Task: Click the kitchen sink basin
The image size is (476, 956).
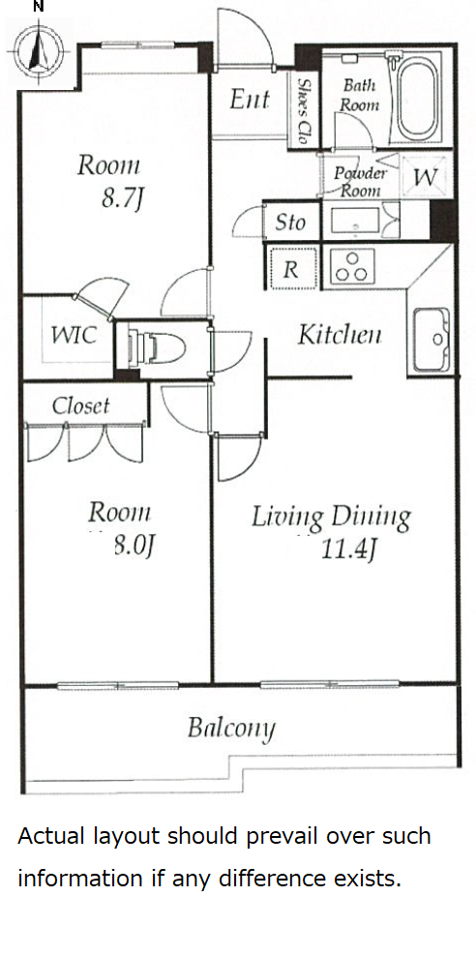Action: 431,340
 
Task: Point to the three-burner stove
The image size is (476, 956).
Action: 351,267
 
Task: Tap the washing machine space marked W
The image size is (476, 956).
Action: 425,178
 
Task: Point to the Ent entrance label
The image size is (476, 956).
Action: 249,100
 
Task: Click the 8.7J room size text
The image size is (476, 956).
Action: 121,198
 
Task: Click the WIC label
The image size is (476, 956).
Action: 74,335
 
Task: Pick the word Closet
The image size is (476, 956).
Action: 80,406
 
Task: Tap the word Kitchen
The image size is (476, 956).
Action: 340,335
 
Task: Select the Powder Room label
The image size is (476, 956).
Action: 360,181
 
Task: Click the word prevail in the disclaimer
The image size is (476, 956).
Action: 283,836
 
